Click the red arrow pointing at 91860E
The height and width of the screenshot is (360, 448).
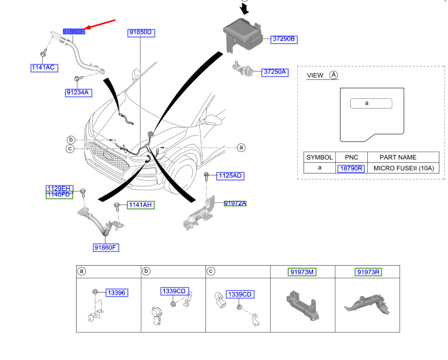(x=99, y=25)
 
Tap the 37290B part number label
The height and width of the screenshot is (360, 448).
(x=284, y=39)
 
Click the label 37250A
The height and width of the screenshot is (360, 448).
(x=274, y=72)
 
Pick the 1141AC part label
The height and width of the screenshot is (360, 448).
(x=44, y=67)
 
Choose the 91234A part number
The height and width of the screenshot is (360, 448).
(x=78, y=92)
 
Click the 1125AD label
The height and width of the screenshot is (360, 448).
(x=230, y=176)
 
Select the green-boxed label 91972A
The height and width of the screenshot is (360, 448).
(x=235, y=203)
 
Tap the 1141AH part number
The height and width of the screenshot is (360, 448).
(x=140, y=205)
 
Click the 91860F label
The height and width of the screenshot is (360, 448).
(x=106, y=247)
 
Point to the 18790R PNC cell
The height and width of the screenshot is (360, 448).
(x=351, y=168)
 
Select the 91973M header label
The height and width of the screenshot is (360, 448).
(x=302, y=272)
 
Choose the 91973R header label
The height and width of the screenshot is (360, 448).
(x=368, y=272)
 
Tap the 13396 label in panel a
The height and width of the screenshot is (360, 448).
(x=116, y=293)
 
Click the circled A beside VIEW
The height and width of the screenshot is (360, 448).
(x=333, y=75)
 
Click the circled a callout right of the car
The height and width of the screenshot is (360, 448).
(x=242, y=148)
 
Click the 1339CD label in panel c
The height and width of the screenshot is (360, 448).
(x=239, y=295)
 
